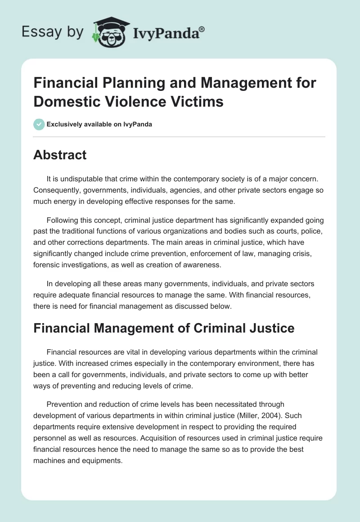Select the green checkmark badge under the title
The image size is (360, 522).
(39, 124)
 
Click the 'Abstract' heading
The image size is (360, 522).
(60, 155)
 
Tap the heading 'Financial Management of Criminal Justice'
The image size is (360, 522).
(164, 328)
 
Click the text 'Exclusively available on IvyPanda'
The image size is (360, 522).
(99, 124)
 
